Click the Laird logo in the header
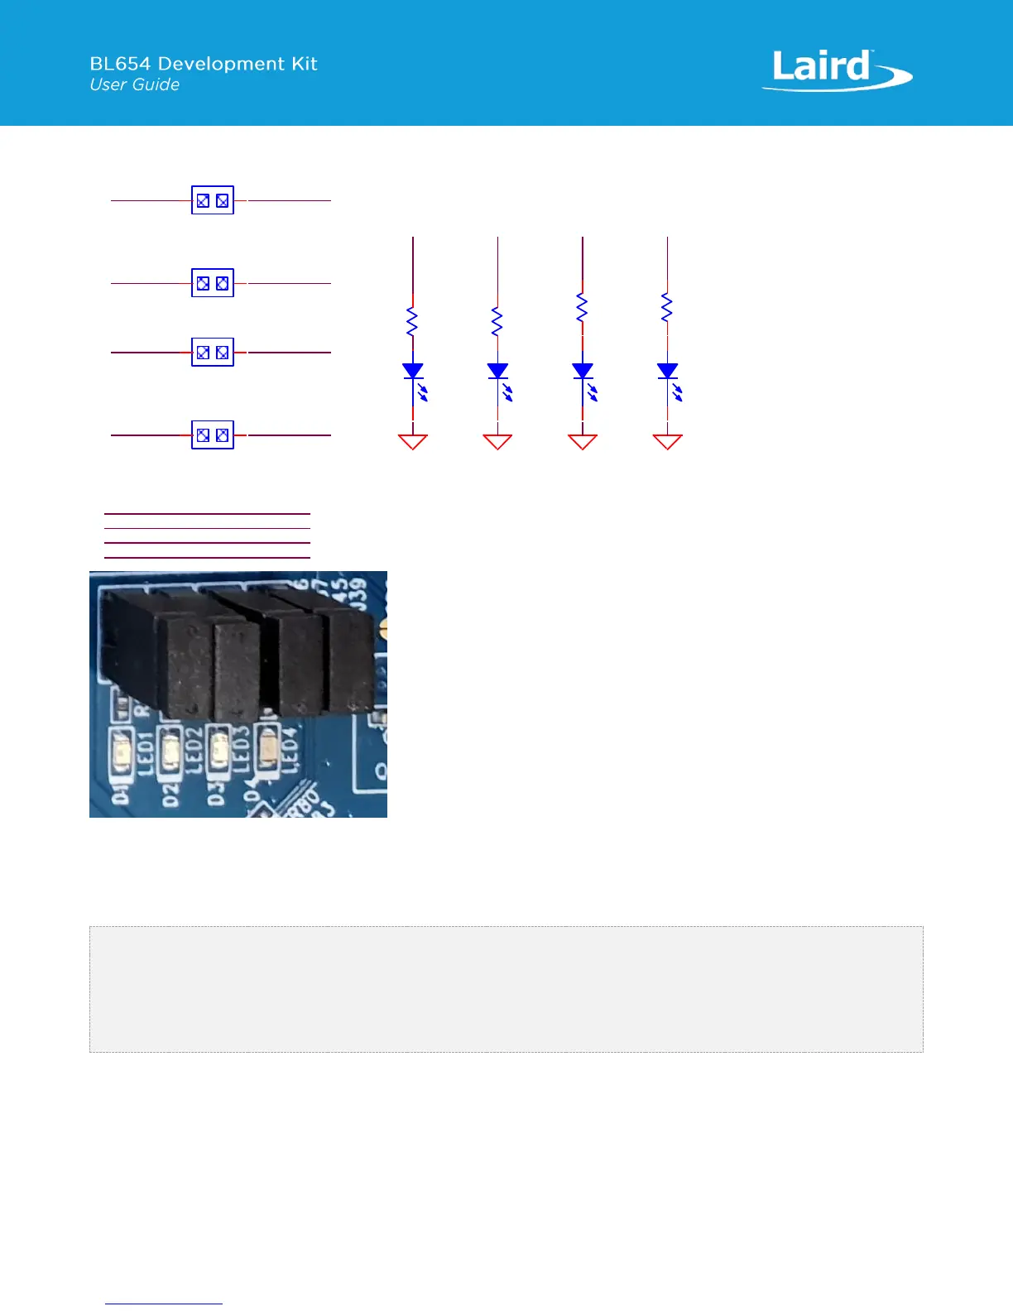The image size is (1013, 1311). pos(836,70)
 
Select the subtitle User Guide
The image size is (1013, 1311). pos(135,84)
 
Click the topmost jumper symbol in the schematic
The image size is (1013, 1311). pos(213,200)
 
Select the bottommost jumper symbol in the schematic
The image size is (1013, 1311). pos(213,435)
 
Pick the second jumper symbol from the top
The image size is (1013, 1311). pos(213,283)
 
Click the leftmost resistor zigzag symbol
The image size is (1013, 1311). pos(412,321)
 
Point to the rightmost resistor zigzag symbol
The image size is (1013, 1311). pos(667,308)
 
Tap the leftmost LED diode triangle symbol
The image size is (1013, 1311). pos(413,371)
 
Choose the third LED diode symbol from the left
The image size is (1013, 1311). pos(583,371)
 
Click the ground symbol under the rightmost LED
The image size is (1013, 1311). pos(667,441)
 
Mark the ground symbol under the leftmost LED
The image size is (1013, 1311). pos(413,441)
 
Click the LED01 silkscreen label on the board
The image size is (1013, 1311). pos(145,752)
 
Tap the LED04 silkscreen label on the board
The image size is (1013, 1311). pos(289,750)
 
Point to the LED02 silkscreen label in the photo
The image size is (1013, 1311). pos(193,751)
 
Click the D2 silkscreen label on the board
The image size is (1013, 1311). pos(170,795)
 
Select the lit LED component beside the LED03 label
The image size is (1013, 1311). pos(220,748)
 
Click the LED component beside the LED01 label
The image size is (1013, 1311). pos(122,752)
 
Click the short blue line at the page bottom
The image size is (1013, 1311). pos(164,1304)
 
